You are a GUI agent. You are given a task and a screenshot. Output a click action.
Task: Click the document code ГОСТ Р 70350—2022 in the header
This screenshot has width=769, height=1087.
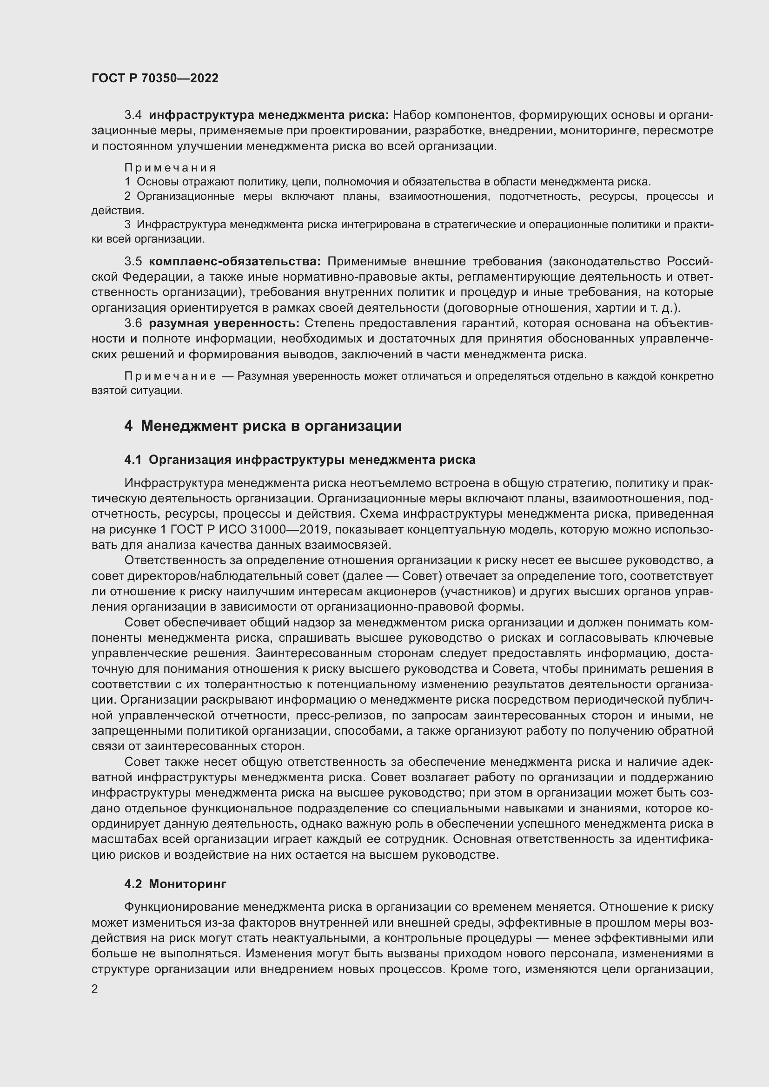pos(155,78)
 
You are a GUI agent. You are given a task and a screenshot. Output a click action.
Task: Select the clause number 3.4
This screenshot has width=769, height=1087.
pos(133,115)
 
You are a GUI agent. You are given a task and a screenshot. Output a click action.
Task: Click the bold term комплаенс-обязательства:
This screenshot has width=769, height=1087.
pos(235,261)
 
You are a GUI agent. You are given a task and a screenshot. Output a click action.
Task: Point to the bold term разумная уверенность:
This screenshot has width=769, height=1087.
pos(224,323)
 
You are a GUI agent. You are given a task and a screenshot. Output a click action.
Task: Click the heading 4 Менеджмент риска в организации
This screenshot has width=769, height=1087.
pos(263,426)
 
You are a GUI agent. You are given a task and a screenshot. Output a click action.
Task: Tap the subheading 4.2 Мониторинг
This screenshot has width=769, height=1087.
pos(175,884)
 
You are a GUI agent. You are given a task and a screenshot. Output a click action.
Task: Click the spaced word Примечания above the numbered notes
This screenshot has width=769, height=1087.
pos(171,168)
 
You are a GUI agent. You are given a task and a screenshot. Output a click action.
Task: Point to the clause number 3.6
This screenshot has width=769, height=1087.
pos(133,323)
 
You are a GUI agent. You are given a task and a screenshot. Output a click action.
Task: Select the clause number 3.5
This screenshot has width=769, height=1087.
pos(133,261)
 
